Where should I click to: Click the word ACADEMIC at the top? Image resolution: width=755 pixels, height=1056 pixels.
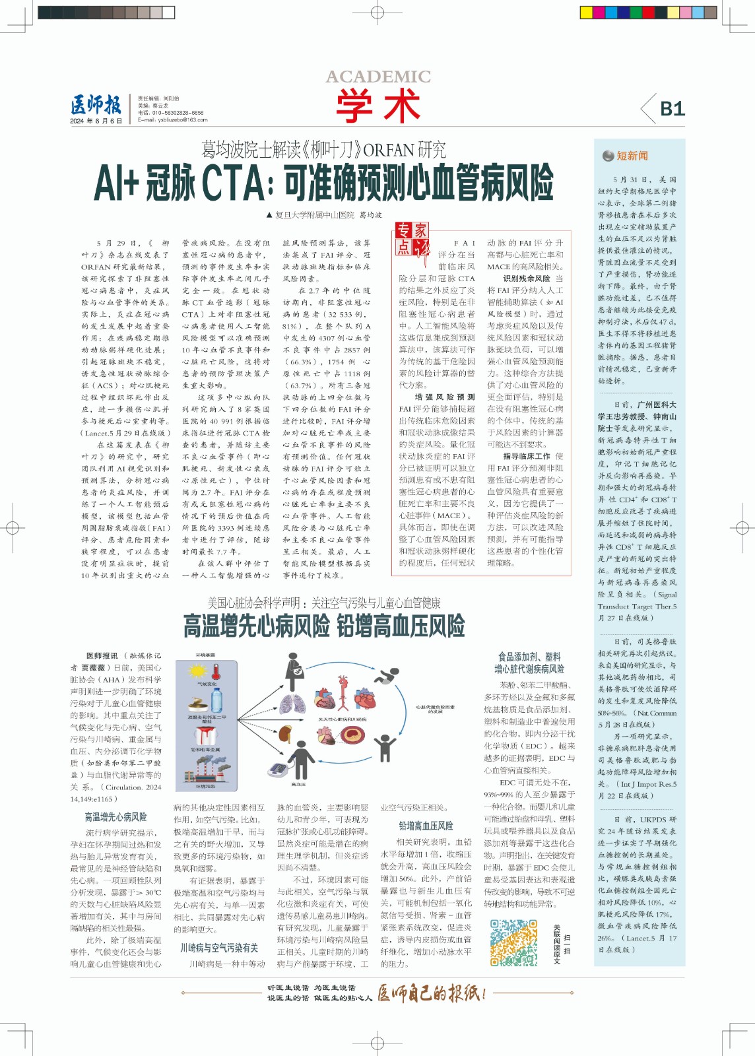[x=378, y=77]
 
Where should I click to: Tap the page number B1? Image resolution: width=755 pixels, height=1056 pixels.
[x=672, y=109]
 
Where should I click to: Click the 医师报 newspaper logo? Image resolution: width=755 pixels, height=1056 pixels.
[x=96, y=105]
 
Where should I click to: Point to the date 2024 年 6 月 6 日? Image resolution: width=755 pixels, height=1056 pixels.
[x=96, y=121]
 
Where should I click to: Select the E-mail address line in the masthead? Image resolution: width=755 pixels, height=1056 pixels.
[x=172, y=120]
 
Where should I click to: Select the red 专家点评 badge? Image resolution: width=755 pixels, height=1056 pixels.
[x=412, y=238]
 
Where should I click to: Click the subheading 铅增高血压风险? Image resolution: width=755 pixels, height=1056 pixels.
[x=426, y=826]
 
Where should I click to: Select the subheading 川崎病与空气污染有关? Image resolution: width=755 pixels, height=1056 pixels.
[x=219, y=948]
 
